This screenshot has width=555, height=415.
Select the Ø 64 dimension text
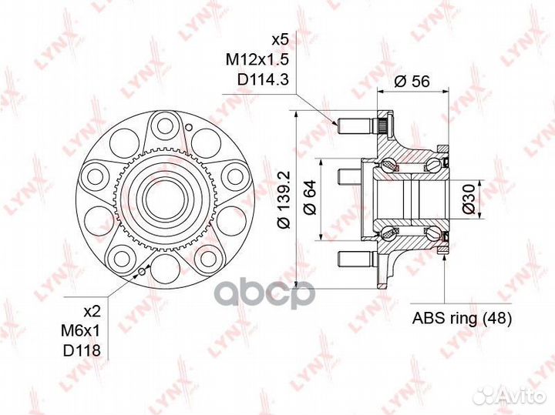pos(310,197)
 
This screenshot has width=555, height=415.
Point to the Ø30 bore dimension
pos(469,199)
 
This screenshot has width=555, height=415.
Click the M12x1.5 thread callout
pos(257,59)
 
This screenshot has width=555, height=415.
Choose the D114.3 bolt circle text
pos(263,79)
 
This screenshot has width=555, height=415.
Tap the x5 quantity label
pos(280,39)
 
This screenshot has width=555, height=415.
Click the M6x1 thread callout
pos(81,331)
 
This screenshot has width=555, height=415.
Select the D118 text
pos(82,350)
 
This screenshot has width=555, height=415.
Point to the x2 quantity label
pos(92,311)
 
